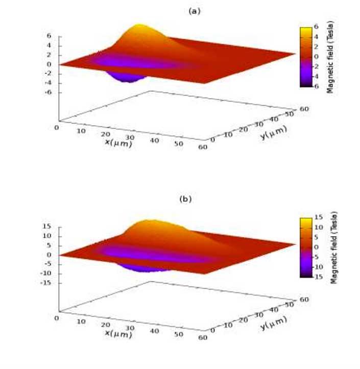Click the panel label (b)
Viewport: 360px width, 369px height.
tap(186, 199)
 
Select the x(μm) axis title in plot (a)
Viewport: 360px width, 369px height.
tap(118, 143)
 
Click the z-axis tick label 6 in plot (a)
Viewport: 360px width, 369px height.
tap(49, 36)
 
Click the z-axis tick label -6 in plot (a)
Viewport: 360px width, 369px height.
tap(48, 93)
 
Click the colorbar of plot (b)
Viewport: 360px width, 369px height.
tap(306, 247)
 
